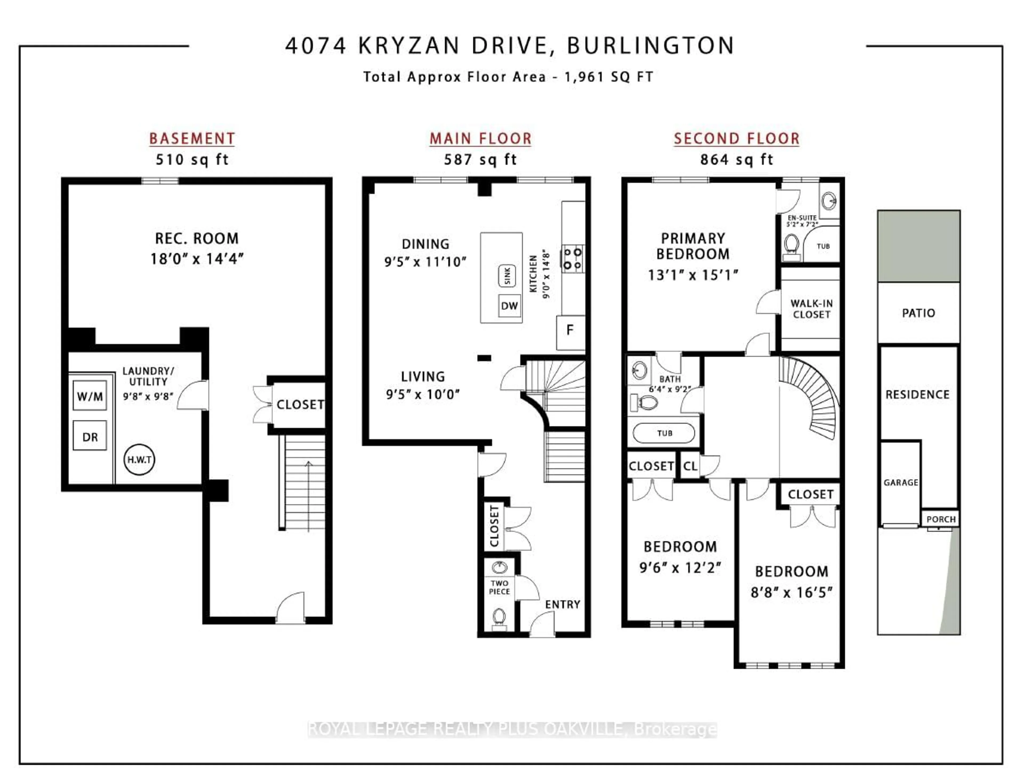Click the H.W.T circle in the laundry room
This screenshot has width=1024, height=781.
click(139, 460)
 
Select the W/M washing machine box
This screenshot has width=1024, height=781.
click(90, 396)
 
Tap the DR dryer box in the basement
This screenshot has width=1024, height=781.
click(90, 437)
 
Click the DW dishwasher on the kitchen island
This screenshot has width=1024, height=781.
click(509, 306)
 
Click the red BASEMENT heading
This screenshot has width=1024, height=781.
click(192, 138)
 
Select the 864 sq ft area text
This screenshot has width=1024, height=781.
click(737, 160)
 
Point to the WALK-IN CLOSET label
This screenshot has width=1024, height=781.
click(811, 309)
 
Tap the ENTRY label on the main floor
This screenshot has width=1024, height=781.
click(562, 604)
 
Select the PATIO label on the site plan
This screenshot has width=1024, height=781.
click(918, 313)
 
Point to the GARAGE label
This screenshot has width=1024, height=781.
click(901, 482)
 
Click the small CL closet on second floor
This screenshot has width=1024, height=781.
click(690, 466)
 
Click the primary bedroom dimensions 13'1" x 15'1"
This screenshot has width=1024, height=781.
click(693, 275)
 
